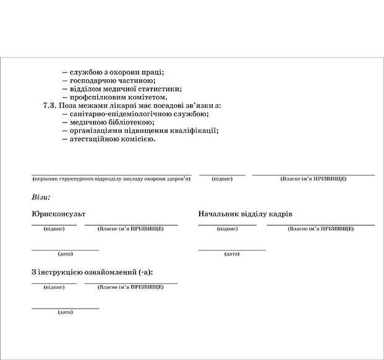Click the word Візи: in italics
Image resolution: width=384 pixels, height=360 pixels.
tap(40, 197)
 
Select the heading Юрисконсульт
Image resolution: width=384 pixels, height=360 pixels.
tap(58, 213)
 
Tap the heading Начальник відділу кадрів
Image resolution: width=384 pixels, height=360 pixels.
tap(245, 213)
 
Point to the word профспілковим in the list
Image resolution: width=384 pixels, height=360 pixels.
tap(100, 97)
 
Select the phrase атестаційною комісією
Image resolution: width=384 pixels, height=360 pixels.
tap(113, 139)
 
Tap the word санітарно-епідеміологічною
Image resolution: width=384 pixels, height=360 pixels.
tap(121, 114)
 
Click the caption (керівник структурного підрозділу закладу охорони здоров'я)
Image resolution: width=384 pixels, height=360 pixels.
tap(111, 179)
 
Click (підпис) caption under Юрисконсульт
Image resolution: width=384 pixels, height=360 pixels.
tap(54, 229)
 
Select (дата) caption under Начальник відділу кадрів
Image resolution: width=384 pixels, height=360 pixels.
tap(232, 254)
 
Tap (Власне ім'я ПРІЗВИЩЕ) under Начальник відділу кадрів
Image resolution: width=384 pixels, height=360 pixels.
tap(320, 229)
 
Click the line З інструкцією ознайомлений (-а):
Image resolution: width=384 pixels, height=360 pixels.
tap(92, 272)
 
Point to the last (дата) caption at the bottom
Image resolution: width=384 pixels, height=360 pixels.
tap(65, 312)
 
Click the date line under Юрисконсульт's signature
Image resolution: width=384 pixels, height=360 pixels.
tap(65, 249)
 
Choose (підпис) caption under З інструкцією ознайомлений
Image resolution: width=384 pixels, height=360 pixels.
tap(54, 287)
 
